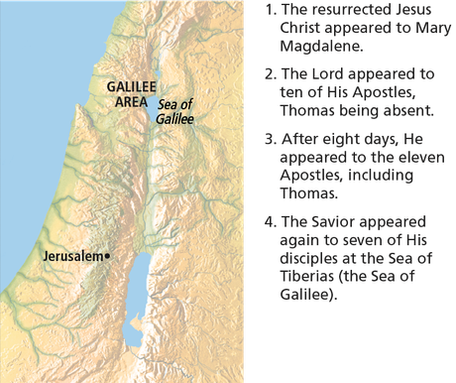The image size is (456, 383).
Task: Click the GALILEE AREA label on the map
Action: (x=129, y=93)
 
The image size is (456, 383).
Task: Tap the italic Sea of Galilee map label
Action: (x=173, y=110)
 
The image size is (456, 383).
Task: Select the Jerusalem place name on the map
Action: (x=73, y=256)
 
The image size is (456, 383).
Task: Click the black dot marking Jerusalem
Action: (x=108, y=256)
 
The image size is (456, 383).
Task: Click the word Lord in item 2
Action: (x=337, y=73)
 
